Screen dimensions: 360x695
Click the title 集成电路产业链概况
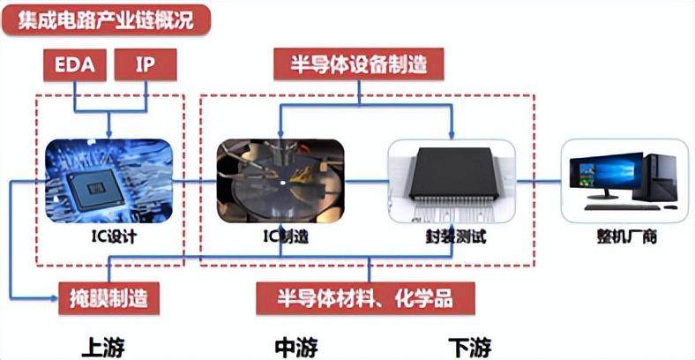tap(106, 19)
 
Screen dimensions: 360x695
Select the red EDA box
tap(76, 64)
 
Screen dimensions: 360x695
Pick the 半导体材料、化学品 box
tap(366, 298)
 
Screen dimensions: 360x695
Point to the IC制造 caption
tap(280, 236)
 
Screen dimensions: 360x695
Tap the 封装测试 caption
tap(452, 236)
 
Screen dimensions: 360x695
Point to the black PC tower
tap(660, 176)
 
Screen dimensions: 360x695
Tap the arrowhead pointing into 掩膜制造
tap(54, 298)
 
